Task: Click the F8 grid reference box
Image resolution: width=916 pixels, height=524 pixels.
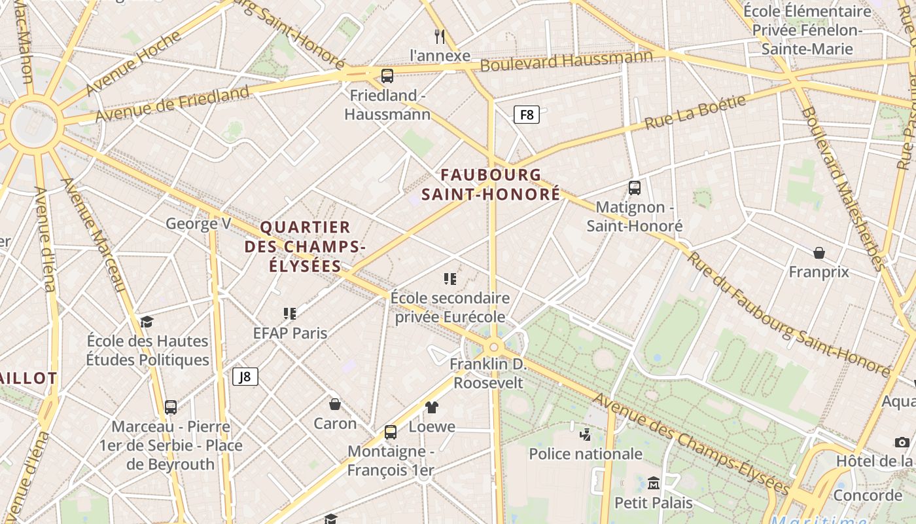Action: (526, 115)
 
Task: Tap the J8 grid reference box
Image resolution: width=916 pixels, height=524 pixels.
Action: (245, 377)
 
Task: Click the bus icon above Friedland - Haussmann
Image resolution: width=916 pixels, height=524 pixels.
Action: (387, 76)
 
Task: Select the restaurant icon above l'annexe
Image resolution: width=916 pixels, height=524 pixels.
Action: (440, 36)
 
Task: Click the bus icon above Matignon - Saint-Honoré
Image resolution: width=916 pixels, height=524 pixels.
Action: (634, 188)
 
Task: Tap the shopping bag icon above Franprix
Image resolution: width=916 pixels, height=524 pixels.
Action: (819, 253)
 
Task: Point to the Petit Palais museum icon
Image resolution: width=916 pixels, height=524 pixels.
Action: (653, 483)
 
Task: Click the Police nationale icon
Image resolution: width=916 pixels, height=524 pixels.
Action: (586, 434)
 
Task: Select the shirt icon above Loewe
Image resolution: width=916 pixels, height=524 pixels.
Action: (431, 407)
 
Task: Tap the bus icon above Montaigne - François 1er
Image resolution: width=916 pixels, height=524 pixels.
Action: (391, 432)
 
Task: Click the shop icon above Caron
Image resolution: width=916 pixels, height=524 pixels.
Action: (334, 403)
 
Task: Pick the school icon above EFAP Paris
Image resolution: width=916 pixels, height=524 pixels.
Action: (290, 314)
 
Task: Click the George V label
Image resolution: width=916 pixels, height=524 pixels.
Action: (198, 224)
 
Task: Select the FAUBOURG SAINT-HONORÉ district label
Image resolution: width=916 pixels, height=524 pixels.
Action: (491, 185)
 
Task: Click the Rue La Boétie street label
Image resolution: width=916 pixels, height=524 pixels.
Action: (695, 113)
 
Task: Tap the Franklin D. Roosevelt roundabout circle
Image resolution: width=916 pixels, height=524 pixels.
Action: (493, 347)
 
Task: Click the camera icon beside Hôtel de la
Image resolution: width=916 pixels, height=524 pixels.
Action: (902, 442)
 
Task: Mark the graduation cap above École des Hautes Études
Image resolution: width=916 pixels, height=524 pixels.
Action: (147, 322)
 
